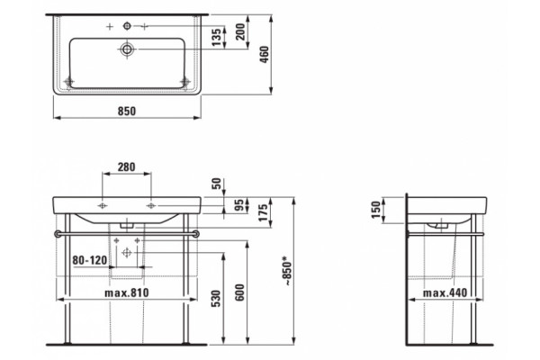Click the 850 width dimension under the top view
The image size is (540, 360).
[x=127, y=111]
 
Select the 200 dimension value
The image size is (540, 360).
[x=240, y=31]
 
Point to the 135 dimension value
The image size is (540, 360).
[x=217, y=37]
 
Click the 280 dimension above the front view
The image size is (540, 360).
[x=126, y=166]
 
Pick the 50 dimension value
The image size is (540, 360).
[x=216, y=184]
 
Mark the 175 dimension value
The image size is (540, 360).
[x=263, y=212]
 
